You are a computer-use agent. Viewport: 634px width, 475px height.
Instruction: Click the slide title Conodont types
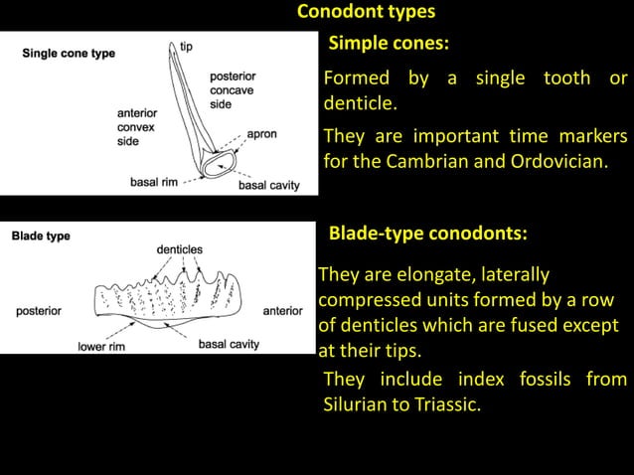click(x=366, y=12)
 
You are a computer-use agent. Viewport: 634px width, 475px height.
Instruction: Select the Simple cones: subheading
click(x=389, y=44)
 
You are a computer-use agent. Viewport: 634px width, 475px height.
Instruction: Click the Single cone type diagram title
click(x=70, y=54)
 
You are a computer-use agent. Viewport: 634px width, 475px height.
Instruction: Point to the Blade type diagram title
click(x=41, y=236)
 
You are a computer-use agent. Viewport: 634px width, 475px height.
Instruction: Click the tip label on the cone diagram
click(x=187, y=46)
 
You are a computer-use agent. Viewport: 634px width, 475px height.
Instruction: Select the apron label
click(x=261, y=133)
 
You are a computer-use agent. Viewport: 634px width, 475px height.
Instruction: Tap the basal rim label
click(x=154, y=183)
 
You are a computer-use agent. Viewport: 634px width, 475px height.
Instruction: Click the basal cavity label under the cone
click(x=268, y=186)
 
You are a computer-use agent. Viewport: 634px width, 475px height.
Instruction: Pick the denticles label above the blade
click(x=179, y=248)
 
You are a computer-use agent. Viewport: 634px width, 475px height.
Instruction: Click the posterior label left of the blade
click(x=39, y=311)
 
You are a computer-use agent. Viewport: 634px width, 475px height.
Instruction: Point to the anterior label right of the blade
click(x=282, y=311)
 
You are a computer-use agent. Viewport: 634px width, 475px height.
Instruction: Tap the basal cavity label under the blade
click(x=229, y=345)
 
